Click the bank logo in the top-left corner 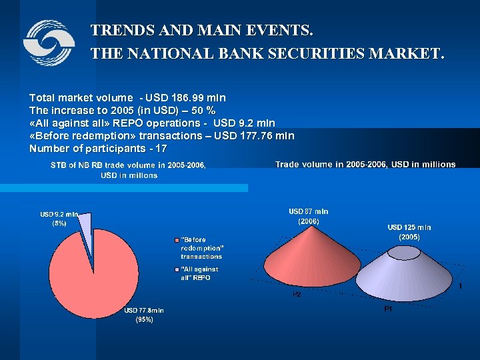point(49,43)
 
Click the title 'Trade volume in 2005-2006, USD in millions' point(365,164)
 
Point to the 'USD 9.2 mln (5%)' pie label point(59,219)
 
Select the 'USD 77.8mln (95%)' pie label point(143,315)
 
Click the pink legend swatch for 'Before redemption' point(177,239)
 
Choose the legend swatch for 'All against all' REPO point(177,269)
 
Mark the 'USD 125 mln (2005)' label point(409,232)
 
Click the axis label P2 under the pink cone point(297,294)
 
